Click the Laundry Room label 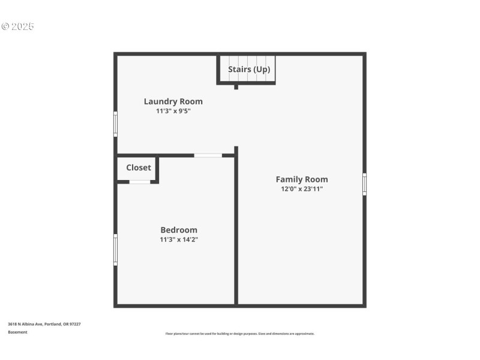173,101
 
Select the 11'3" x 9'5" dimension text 173,111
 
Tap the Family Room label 301,179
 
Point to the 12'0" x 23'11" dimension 302,189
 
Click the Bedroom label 178,230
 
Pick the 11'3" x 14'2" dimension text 178,239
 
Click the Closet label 139,167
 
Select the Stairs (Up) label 248,70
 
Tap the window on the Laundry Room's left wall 116,124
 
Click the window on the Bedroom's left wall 116,250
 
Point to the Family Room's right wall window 364,184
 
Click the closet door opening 140,181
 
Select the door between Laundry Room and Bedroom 208,155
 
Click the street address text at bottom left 44,324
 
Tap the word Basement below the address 17,332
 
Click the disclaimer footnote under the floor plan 239,334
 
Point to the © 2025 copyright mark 17,26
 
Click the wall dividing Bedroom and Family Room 236,240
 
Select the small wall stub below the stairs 236,87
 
